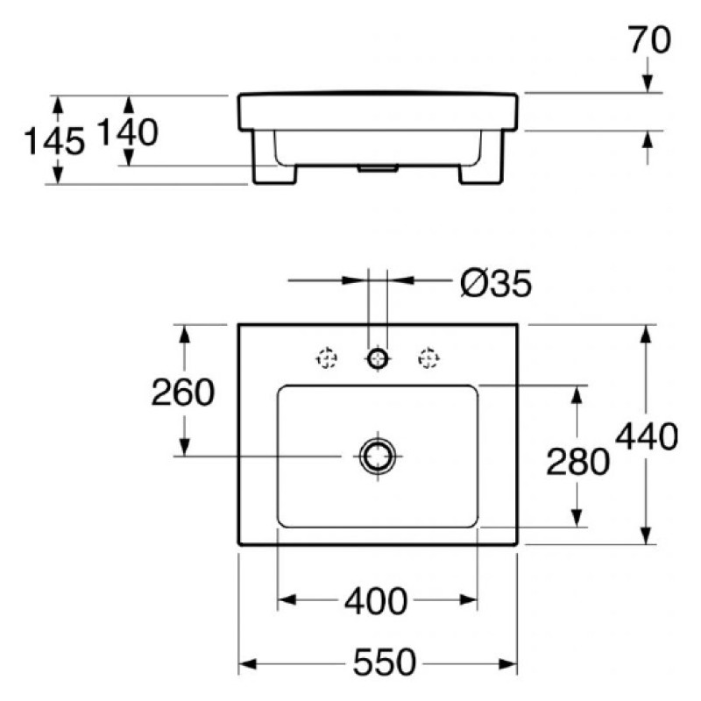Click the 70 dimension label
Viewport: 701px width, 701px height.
649,39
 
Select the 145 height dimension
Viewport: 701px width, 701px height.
53,141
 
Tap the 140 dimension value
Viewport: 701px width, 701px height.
127,132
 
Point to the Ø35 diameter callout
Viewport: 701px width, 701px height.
496,283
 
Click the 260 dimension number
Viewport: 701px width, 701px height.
183,392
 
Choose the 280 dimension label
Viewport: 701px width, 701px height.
577,462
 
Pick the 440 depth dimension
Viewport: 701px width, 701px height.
647,436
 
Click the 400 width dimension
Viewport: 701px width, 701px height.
376,601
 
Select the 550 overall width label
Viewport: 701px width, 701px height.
385,662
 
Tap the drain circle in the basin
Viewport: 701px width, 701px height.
378,457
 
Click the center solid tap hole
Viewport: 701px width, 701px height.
378,358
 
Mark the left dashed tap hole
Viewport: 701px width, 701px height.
327,358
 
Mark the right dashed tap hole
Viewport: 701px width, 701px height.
428,358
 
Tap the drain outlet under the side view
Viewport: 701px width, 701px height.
378,168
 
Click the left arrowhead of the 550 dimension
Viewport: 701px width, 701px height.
248,664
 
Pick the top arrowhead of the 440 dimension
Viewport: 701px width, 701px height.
645,335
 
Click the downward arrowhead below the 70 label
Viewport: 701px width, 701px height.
648,83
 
